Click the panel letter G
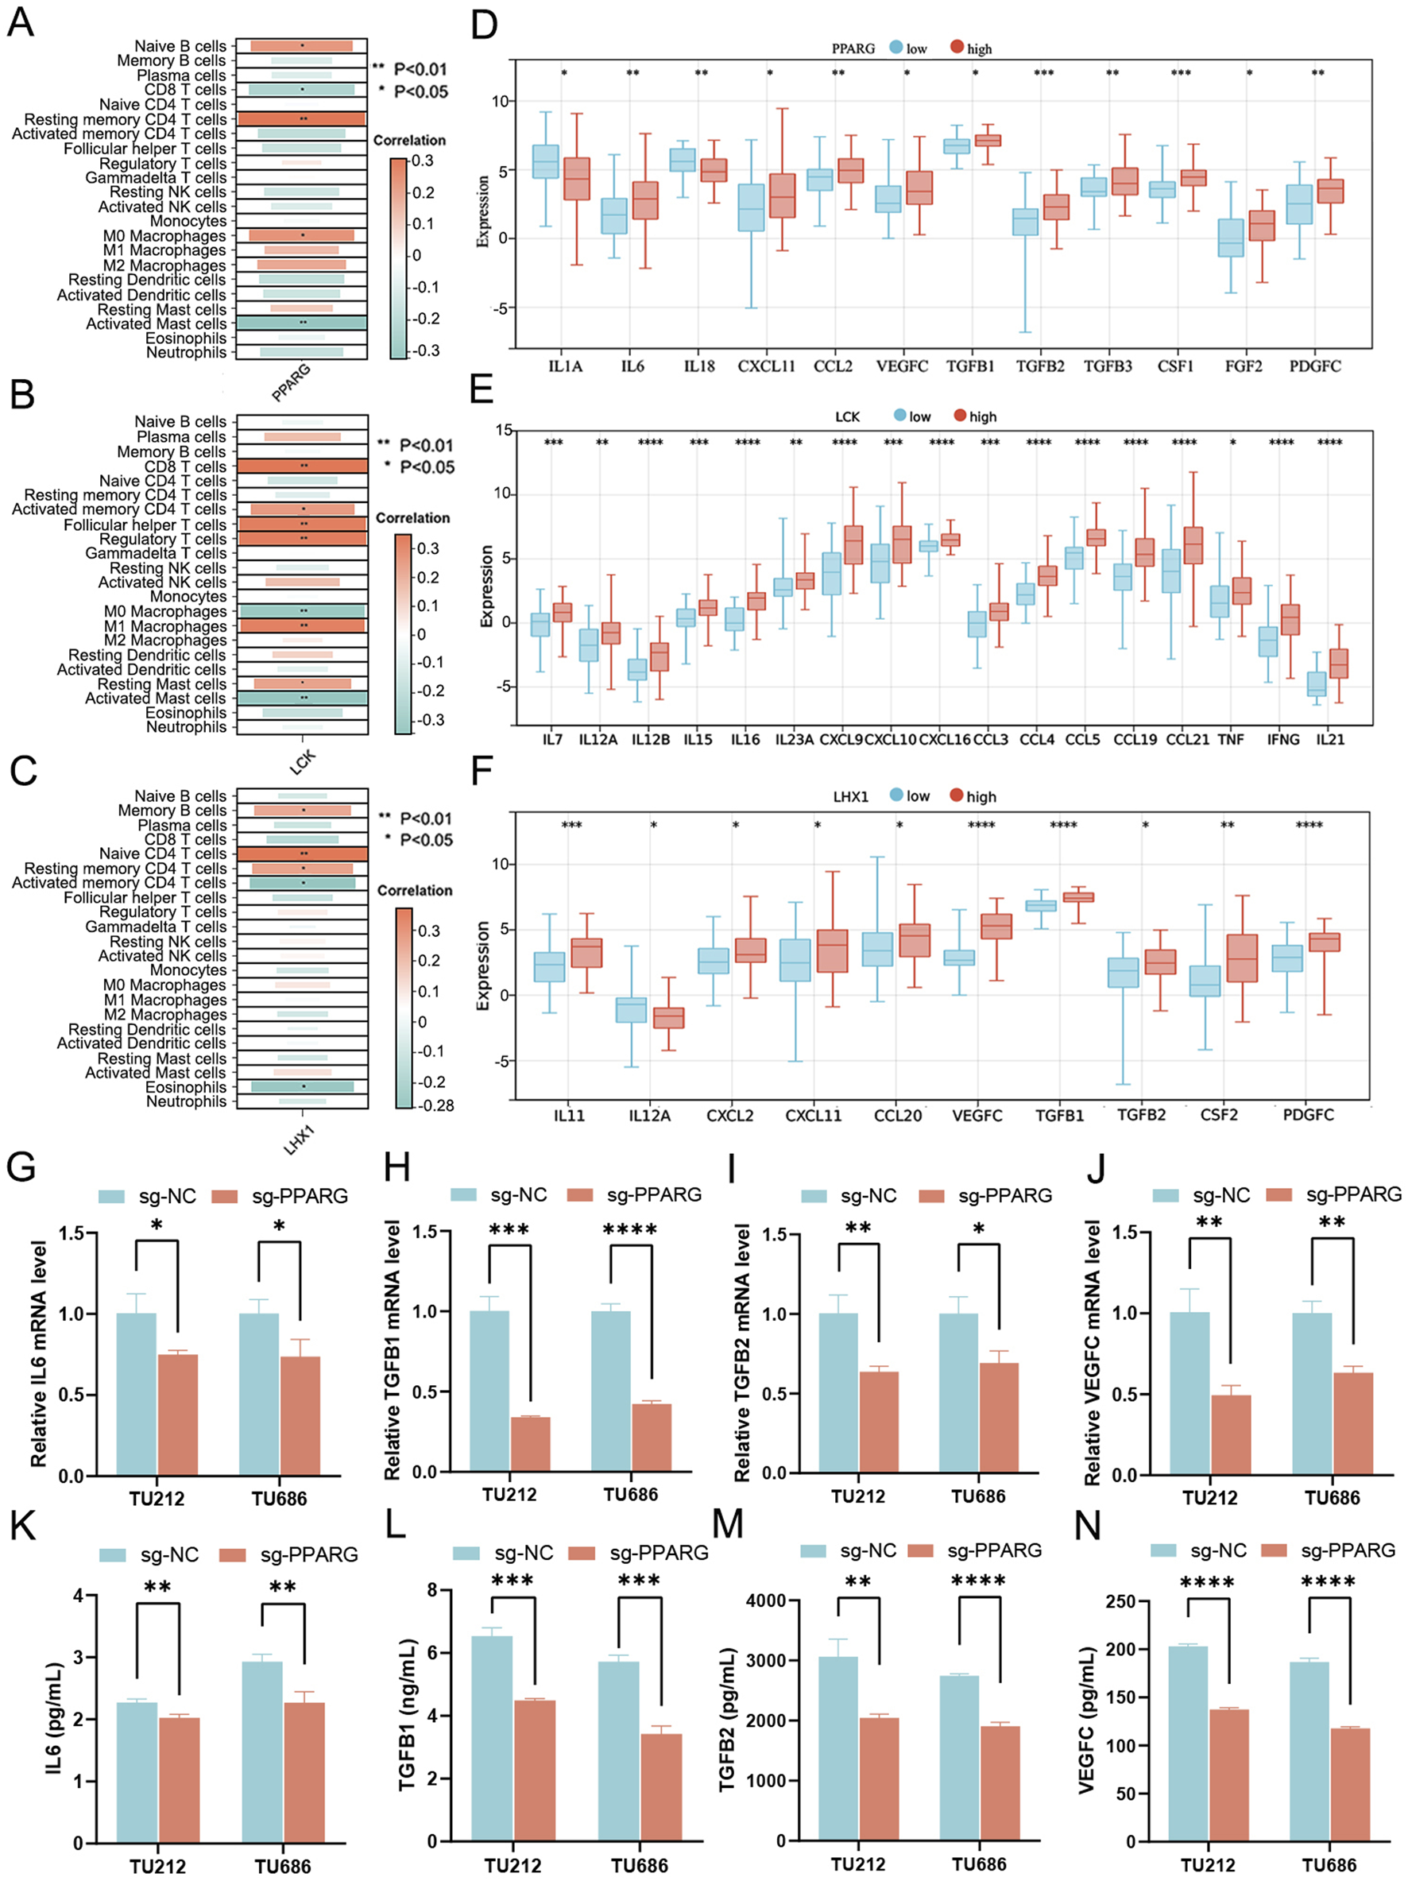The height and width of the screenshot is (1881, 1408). (x=21, y=1166)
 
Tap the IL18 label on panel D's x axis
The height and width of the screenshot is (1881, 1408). (x=699, y=366)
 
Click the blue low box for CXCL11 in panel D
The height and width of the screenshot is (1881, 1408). (x=751, y=207)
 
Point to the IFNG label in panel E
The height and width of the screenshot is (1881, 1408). (x=1283, y=740)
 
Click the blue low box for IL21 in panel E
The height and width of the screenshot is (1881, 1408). (x=1316, y=683)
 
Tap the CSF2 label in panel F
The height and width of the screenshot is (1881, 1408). (x=1218, y=1115)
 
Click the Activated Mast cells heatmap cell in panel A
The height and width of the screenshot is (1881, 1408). (x=302, y=323)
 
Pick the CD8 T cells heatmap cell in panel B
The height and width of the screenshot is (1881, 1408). (x=302, y=466)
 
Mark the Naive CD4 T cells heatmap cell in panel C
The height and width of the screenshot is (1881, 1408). (x=302, y=853)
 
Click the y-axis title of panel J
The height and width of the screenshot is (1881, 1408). (x=1093, y=1352)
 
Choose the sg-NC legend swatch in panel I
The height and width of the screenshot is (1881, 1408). (x=814, y=1197)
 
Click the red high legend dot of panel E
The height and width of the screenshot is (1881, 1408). (x=960, y=416)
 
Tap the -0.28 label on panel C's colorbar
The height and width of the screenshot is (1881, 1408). (x=435, y=1105)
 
